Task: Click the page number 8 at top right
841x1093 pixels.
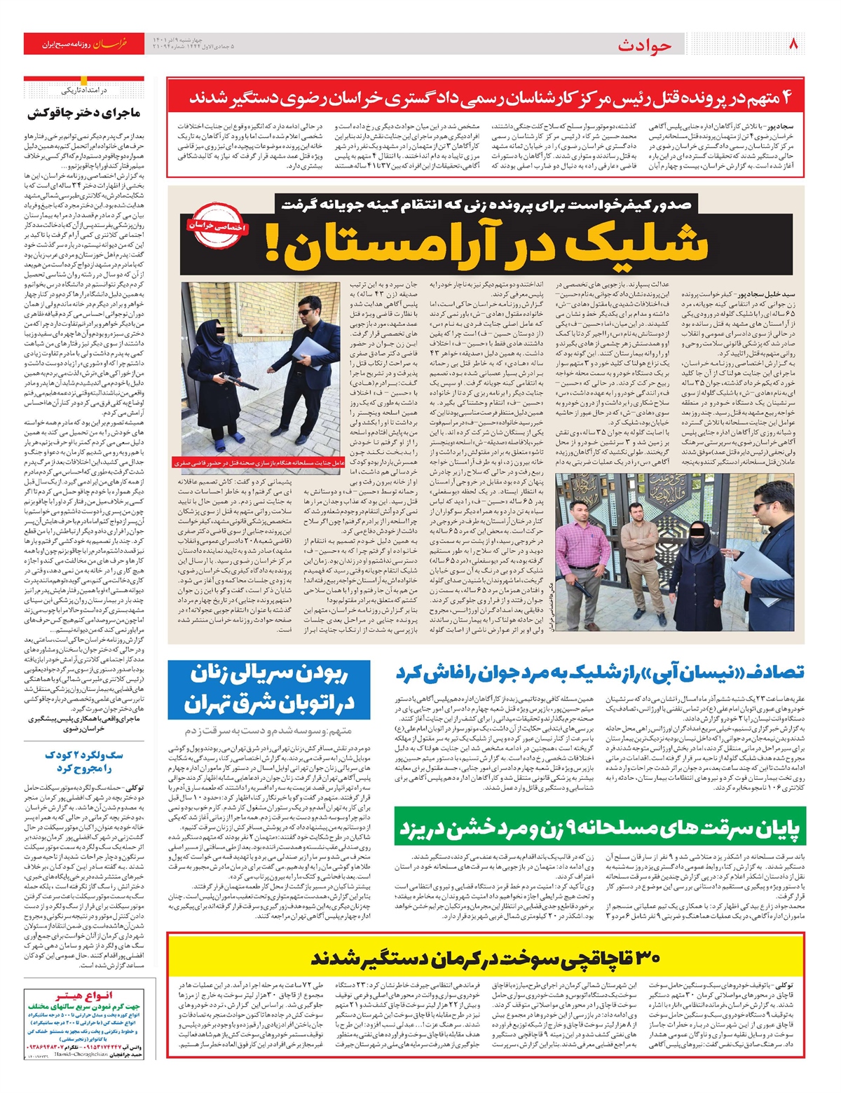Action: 793,44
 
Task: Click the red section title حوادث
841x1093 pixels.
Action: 645,46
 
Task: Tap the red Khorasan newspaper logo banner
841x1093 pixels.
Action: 84,43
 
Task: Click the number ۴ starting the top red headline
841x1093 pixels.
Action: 789,96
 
